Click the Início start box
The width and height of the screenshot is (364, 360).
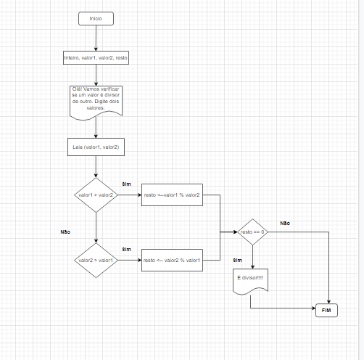pyautogui.click(x=96, y=17)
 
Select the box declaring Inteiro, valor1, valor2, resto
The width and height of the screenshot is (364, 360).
pyautogui.click(x=96, y=57)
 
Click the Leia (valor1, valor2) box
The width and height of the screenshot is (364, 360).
pyautogui.click(x=96, y=147)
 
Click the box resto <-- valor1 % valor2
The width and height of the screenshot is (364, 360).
pyautogui.click(x=173, y=195)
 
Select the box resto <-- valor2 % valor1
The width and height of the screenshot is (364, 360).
pyautogui.click(x=173, y=259)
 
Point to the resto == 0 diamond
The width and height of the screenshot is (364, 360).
pyautogui.click(x=252, y=232)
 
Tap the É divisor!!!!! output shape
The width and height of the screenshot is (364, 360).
pyautogui.click(x=252, y=280)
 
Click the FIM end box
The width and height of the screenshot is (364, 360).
pyautogui.click(x=330, y=311)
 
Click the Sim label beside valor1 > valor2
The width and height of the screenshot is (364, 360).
pyautogui.click(x=126, y=184)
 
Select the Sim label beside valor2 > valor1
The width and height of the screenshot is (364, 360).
pyautogui.click(x=126, y=249)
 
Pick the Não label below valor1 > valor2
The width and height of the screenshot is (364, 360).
pyautogui.click(x=65, y=232)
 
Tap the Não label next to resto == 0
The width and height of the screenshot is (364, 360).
pyautogui.click(x=285, y=223)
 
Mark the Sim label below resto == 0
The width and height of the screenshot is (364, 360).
pyautogui.click(x=237, y=259)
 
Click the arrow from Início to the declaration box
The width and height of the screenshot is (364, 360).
pyautogui.click(x=96, y=37)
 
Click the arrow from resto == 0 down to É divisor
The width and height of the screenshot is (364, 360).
pyautogui.click(x=252, y=257)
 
